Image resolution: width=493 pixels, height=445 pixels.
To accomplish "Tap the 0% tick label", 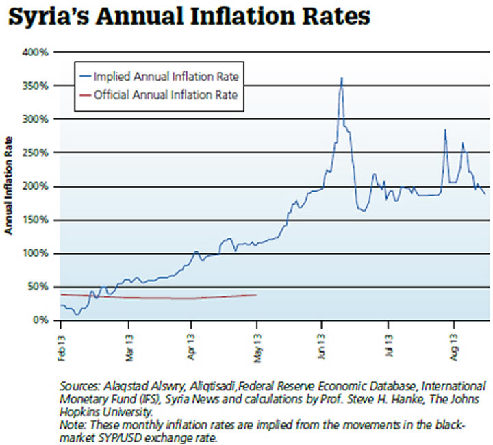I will (x=41, y=320).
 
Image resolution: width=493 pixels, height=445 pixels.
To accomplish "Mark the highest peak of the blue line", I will (x=341, y=78).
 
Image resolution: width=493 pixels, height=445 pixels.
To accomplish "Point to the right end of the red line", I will (x=256, y=295).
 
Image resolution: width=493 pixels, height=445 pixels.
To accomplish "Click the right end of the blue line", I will (x=485, y=194).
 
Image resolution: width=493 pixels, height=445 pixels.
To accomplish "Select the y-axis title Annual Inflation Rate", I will (x=10, y=186).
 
